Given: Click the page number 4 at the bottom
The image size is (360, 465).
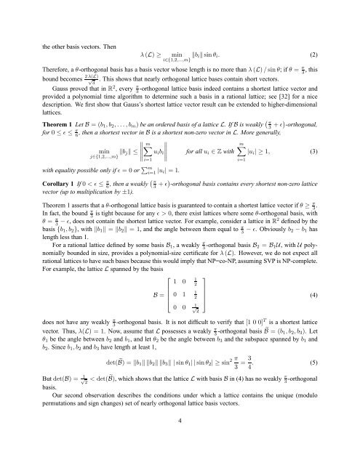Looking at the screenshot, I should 180,439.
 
